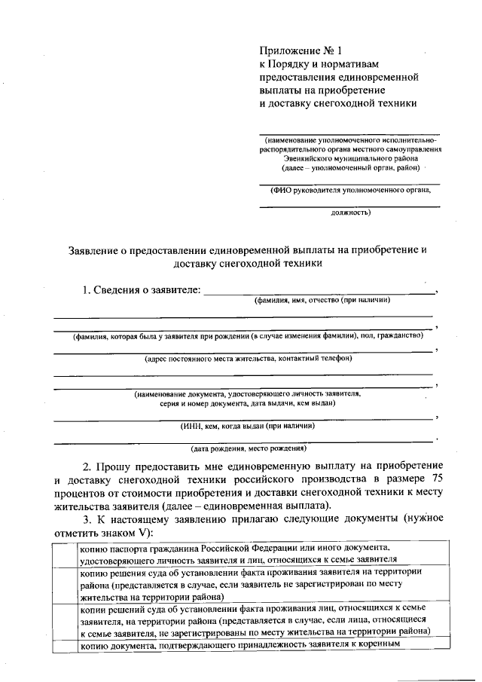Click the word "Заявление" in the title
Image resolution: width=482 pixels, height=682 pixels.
[92, 250]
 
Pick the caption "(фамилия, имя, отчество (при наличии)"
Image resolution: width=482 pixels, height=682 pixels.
[322, 300]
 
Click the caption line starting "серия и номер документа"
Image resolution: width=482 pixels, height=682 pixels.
[248, 403]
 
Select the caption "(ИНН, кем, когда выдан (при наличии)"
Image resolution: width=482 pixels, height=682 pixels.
[248, 426]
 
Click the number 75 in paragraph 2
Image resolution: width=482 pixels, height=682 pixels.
[436, 479]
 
